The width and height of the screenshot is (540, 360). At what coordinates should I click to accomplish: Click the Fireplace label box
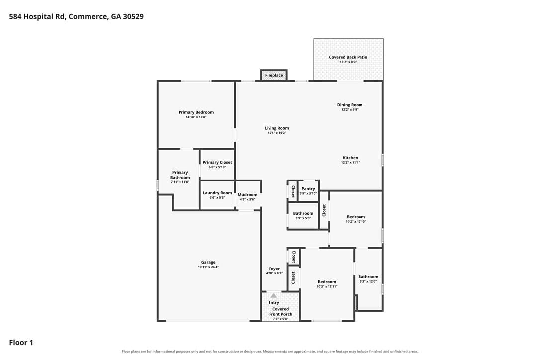click(x=274, y=75)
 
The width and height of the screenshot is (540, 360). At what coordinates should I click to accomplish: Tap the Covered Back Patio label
click(x=348, y=57)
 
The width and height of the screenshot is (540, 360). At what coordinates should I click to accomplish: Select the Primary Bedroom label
click(x=196, y=112)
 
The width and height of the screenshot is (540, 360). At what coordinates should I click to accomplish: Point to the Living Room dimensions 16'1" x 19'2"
click(x=277, y=133)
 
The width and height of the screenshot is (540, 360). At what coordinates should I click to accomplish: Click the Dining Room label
click(x=350, y=105)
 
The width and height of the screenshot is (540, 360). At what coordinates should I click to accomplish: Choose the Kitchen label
click(x=350, y=158)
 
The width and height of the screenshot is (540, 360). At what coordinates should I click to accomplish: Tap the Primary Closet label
click(x=217, y=162)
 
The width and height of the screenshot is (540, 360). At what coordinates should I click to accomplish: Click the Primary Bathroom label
click(x=180, y=175)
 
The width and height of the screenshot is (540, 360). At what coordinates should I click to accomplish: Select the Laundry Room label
click(x=217, y=193)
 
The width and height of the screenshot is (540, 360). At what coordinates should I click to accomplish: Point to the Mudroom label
click(x=247, y=195)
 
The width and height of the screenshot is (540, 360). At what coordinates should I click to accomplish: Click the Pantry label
click(x=308, y=189)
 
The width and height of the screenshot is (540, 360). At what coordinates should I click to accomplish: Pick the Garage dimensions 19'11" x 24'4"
click(x=208, y=267)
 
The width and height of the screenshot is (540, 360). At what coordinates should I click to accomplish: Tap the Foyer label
click(x=274, y=269)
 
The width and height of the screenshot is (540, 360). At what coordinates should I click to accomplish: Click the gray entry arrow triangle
click(x=273, y=295)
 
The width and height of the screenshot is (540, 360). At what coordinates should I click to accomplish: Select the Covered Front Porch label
click(x=280, y=311)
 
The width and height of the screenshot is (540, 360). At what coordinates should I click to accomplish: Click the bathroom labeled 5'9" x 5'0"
click(x=303, y=214)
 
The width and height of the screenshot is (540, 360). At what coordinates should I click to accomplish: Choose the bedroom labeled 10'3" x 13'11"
click(x=327, y=282)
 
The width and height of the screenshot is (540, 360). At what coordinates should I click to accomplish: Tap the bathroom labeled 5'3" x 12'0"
click(x=368, y=277)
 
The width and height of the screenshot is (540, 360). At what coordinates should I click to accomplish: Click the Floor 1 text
click(x=21, y=343)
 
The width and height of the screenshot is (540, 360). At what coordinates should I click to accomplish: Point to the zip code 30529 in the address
click(x=133, y=16)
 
